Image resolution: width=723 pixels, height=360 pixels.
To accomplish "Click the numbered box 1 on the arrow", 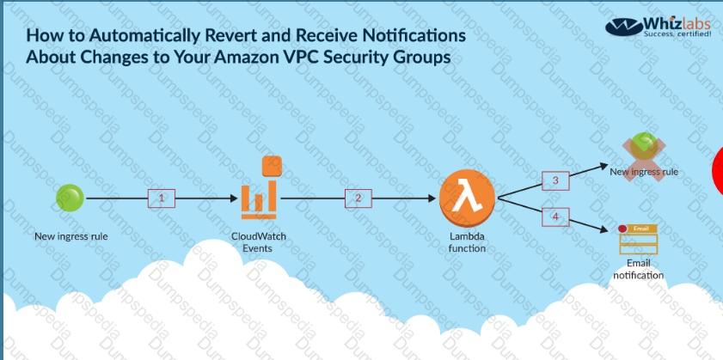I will tap(162, 198).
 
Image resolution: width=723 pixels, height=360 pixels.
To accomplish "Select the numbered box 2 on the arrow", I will tap(359, 198).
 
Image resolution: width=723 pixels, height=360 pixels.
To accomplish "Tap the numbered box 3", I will tap(555, 180).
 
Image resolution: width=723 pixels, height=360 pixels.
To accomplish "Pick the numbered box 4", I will tap(555, 217).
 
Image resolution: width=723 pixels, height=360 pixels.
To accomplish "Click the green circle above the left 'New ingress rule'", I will tap(70, 198).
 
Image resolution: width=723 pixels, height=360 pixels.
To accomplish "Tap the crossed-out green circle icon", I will tap(643, 148).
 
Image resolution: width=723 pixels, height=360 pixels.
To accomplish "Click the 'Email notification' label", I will tap(638, 269).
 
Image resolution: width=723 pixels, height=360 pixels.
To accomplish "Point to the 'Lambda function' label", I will tap(467, 242).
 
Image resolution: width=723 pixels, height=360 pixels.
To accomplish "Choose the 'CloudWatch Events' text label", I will tap(259, 241).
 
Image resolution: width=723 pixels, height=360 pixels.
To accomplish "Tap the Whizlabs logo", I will tap(659, 27).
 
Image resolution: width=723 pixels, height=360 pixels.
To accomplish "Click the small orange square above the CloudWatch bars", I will tap(273, 163).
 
